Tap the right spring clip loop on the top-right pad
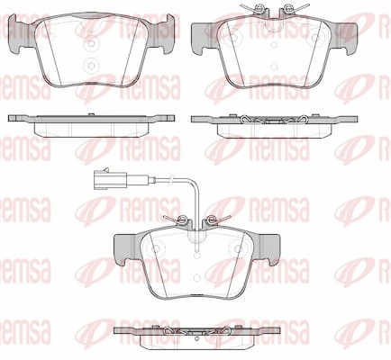[x=286, y=12]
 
